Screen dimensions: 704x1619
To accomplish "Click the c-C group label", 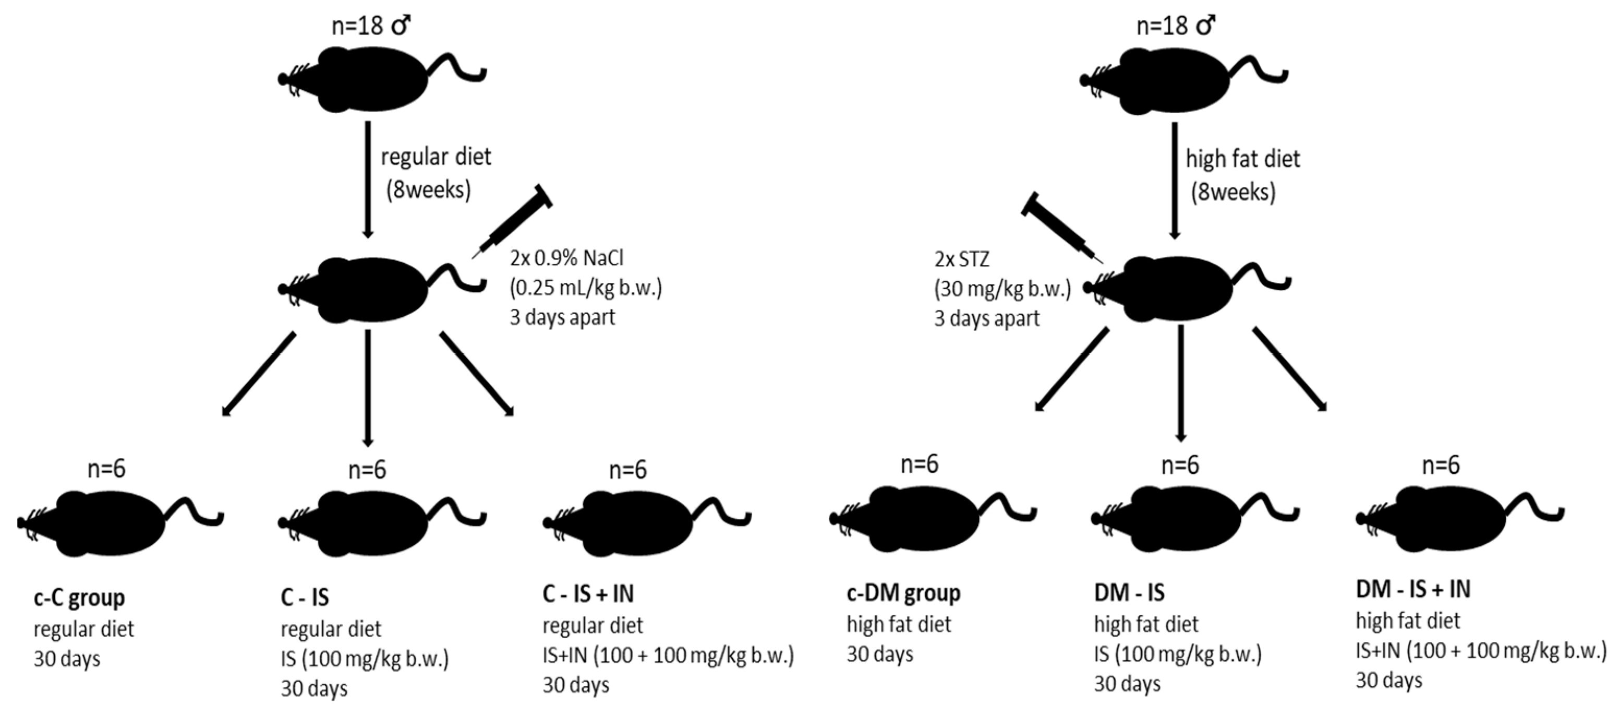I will point(79,597).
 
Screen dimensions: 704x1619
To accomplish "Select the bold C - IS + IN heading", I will point(588,593).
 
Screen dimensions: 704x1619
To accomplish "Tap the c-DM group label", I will point(903,593).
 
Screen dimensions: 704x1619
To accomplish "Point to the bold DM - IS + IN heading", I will point(1413,589).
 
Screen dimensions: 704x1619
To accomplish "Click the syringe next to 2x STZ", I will point(1062,230).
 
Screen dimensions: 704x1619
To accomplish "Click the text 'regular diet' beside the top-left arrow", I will point(436,157).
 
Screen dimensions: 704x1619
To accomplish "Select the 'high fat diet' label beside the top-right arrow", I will point(1242,159).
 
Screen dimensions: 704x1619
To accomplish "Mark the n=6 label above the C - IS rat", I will point(367,470).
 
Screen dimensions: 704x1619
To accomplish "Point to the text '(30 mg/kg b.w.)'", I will point(1002,289).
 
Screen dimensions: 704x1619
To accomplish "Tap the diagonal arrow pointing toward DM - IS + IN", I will point(1290,369).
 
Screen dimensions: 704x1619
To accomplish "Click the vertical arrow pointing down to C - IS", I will point(368,387).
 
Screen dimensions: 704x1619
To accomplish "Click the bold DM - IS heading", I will point(1129,592).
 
